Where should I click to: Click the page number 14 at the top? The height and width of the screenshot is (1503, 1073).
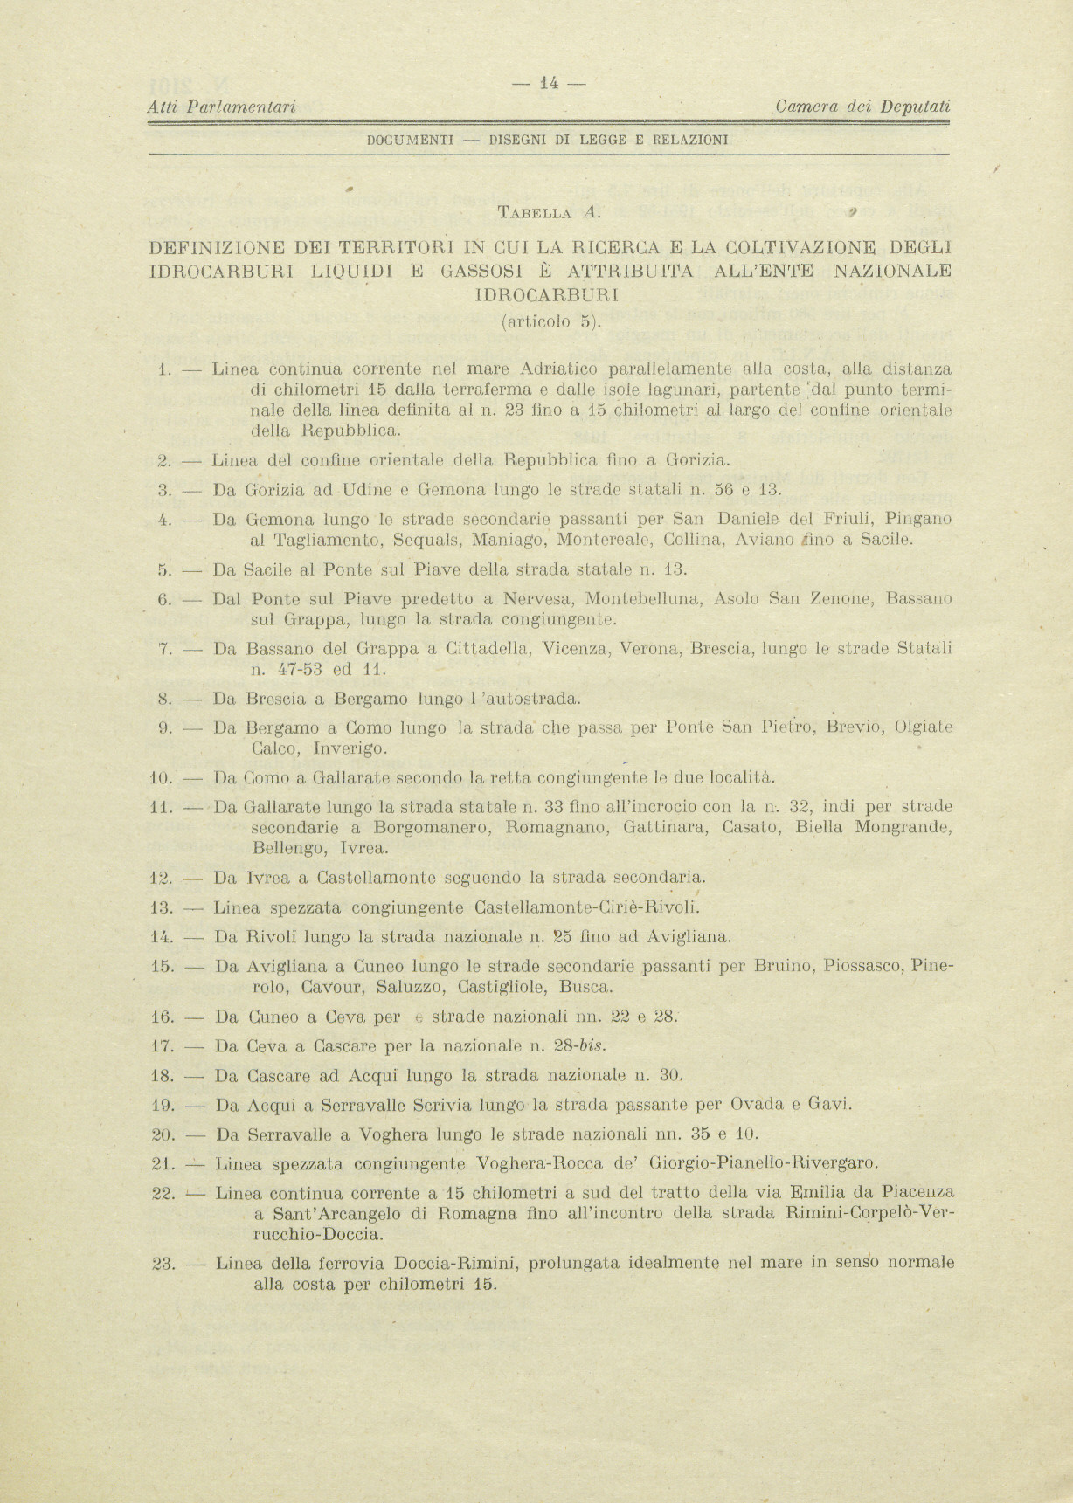pos(549,84)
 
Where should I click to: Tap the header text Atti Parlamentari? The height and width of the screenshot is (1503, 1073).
pos(221,107)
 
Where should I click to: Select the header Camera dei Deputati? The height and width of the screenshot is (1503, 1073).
pos(862,107)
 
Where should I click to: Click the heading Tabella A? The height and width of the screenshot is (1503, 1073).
pos(548,210)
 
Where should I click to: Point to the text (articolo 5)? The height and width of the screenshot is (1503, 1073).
pos(550,321)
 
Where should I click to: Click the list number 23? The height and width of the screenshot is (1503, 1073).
pos(164,1263)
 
